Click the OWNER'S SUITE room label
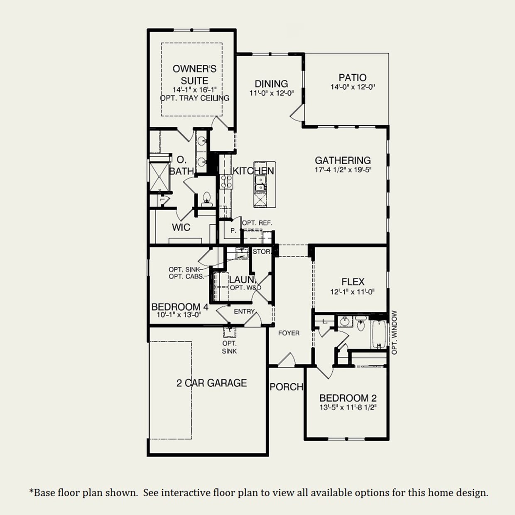tap(194, 74)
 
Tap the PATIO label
tap(352, 77)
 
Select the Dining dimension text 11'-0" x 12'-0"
tap(271, 93)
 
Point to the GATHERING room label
tap(343, 160)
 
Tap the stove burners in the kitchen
tap(226, 182)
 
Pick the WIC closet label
tap(181, 227)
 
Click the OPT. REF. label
tap(257, 223)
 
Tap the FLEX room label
tap(353, 282)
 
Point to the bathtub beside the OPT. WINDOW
tap(378, 334)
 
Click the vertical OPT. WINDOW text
tap(394, 333)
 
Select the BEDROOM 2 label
tap(348, 398)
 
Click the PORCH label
tap(286, 387)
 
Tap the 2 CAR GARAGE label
tap(211, 383)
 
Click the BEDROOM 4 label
tap(179, 307)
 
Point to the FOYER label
tap(289, 333)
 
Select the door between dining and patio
tap(297, 112)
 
